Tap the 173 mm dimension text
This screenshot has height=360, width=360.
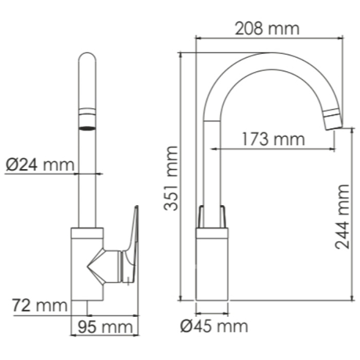tap(273, 138)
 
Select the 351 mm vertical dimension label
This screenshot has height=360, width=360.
tap(171, 178)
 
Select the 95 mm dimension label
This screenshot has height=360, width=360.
tap(101, 327)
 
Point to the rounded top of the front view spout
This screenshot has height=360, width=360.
tap(87, 59)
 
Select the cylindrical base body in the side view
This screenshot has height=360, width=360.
tap(213, 267)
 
